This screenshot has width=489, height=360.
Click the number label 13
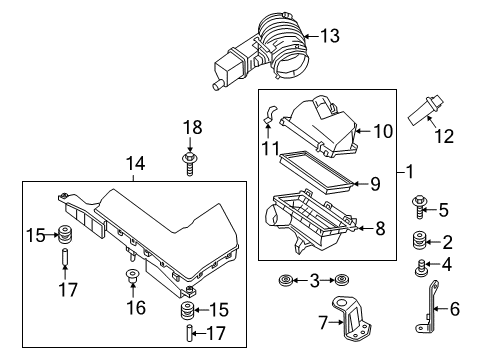[329, 36]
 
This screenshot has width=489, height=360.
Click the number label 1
[410, 172]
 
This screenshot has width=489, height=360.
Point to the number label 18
[191, 126]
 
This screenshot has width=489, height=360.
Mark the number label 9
[374, 183]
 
